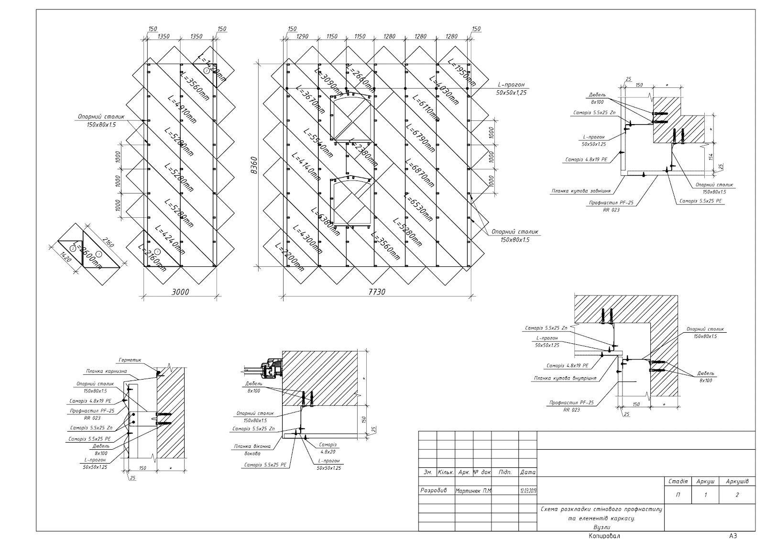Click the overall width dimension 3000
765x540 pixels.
click(x=180, y=292)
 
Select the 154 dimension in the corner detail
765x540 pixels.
click(x=711, y=157)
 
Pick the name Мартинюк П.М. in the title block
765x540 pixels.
click(x=474, y=491)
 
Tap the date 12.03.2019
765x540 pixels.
click(x=528, y=491)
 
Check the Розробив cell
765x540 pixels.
click(x=434, y=490)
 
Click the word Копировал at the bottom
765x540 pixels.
click(x=604, y=535)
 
